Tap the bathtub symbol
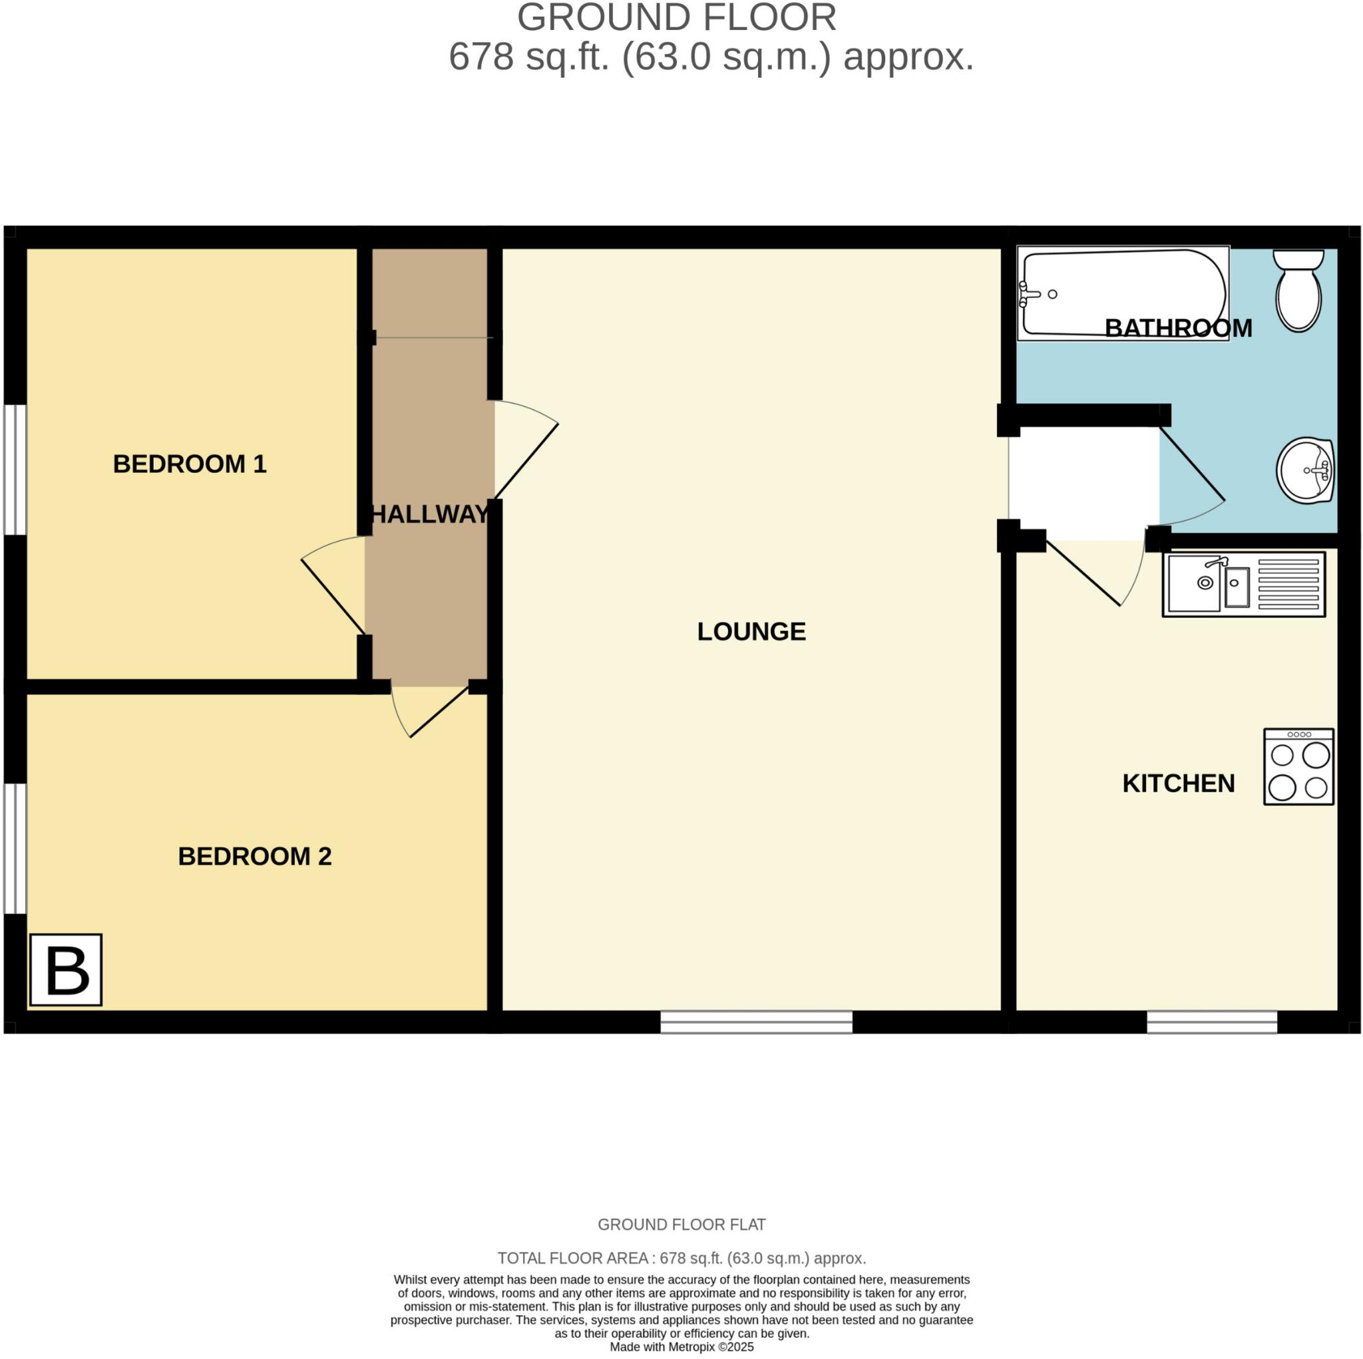tap(1123, 293)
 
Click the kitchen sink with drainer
tap(1244, 584)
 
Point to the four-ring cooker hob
tap(1298, 766)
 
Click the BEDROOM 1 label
tap(190, 464)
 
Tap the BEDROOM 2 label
tap(255, 856)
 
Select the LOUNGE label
tap(751, 632)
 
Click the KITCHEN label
tap(1178, 784)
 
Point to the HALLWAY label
tap(430, 515)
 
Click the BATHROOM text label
tap(1178, 329)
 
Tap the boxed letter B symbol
tap(67, 970)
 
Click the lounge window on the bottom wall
tap(756, 1022)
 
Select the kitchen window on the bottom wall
tap(1211, 1022)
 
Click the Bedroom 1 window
tap(15, 470)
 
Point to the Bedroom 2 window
tap(15, 848)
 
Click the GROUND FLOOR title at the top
tap(677, 18)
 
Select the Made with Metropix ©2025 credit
tap(681, 1347)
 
